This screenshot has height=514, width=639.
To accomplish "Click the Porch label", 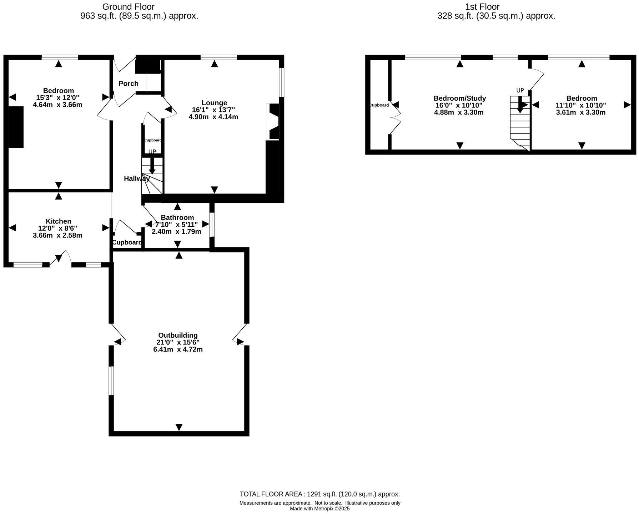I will pyautogui.click(x=129, y=84).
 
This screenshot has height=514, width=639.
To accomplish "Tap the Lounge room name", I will pyautogui.click(x=214, y=103).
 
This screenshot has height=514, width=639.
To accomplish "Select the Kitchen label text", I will pyautogui.click(x=59, y=221).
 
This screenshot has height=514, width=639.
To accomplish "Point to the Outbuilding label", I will pyautogui.click(x=178, y=335).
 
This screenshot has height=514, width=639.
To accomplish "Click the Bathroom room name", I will pyautogui.click(x=177, y=217).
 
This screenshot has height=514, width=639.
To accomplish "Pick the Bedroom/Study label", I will pyautogui.click(x=460, y=98).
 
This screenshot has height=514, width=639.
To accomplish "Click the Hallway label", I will pyautogui.click(x=136, y=178).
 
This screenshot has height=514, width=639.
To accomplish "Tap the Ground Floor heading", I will pyautogui.click(x=128, y=7).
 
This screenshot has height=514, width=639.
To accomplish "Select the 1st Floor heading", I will pyautogui.click(x=482, y=7).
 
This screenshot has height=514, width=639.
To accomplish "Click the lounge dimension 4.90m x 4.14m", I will pyautogui.click(x=213, y=117).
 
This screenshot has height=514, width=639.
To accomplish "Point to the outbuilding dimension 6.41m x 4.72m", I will pyautogui.click(x=178, y=349).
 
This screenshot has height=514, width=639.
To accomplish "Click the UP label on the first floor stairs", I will pyautogui.click(x=520, y=90).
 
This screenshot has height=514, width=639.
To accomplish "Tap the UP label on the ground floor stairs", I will pyautogui.click(x=152, y=152).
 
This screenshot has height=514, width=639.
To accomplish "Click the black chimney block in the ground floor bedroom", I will pyautogui.click(x=16, y=127).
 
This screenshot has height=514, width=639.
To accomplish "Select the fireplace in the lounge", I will pyautogui.click(x=273, y=121).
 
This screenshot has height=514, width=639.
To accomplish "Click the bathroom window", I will pyautogui.click(x=212, y=225).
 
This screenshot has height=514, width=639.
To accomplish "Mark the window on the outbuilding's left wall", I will pyautogui.click(x=111, y=381).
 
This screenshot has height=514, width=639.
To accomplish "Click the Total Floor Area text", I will pyautogui.click(x=319, y=494).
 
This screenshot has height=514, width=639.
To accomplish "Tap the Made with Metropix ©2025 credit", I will pyautogui.click(x=319, y=509).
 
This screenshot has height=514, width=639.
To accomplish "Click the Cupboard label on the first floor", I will pyautogui.click(x=379, y=105).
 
